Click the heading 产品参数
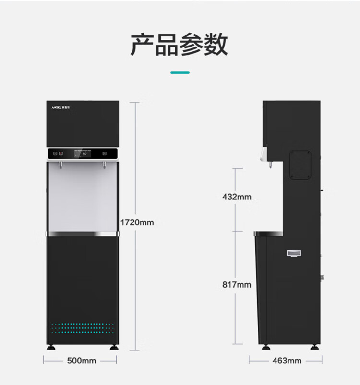point(179,45)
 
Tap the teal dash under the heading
point(180,72)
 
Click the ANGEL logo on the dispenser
point(60,107)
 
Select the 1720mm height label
point(137,222)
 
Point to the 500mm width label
point(81,361)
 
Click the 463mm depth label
point(287,361)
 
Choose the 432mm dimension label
point(237,197)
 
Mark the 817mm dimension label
point(237,285)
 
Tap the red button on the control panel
point(60,154)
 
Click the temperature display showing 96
point(83,154)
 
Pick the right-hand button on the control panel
point(105,154)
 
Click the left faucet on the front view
point(60,165)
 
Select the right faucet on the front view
point(104,165)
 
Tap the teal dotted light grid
point(83,328)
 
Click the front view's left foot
point(51,348)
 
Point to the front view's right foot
point(114,348)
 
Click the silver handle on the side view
point(294,253)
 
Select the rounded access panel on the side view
point(300,165)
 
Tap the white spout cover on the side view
point(264,154)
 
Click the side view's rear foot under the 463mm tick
point(315,348)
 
